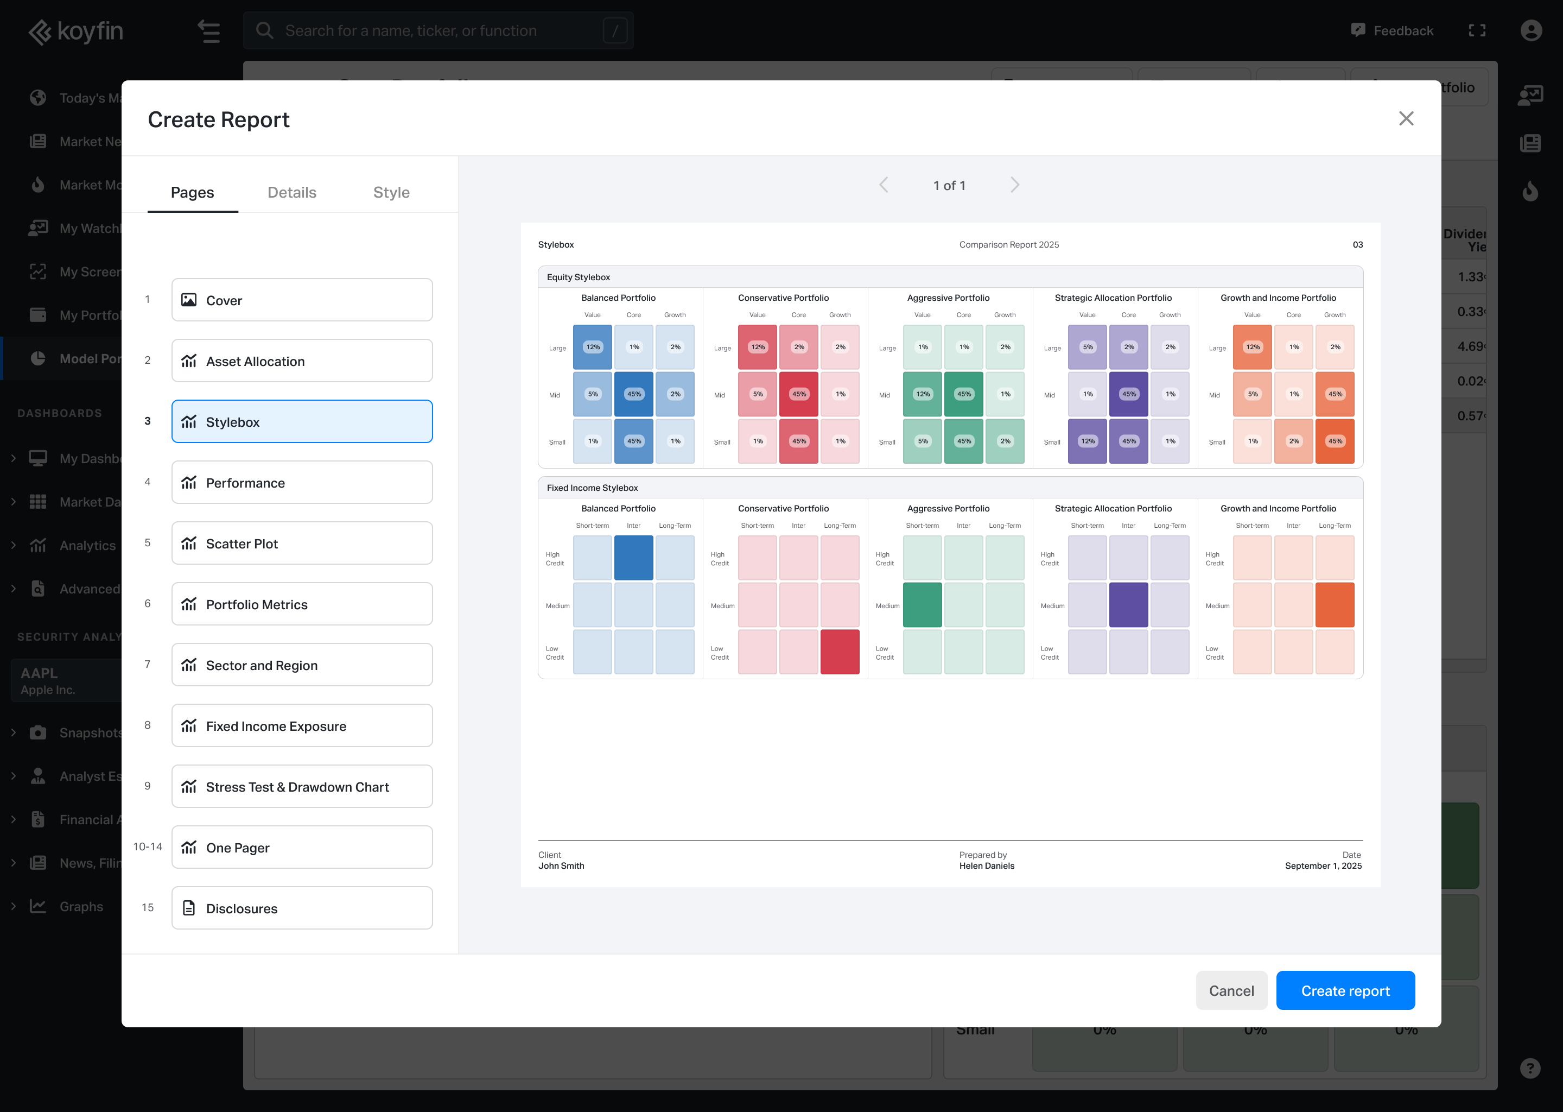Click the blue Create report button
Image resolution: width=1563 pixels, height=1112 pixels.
[x=1345, y=990]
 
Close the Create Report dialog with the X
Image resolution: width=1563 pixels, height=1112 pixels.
[x=1406, y=118]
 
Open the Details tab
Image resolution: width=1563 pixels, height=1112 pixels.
[x=291, y=192]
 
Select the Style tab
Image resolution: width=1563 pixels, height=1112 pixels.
[x=391, y=192]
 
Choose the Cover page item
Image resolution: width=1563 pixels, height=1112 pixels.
[x=302, y=300]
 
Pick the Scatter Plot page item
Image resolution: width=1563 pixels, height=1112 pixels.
[x=302, y=543]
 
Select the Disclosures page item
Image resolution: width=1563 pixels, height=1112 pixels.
[x=302, y=908]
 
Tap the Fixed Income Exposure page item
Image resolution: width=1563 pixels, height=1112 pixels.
[x=302, y=726]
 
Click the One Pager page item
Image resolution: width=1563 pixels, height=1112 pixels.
[x=302, y=847]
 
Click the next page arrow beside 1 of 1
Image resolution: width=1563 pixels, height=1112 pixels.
[x=1014, y=185]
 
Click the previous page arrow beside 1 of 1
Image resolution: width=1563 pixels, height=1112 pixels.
[x=884, y=185]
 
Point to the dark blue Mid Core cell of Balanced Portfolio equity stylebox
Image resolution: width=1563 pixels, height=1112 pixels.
[x=634, y=394]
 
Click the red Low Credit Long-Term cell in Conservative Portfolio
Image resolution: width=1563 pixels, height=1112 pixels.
[x=840, y=652]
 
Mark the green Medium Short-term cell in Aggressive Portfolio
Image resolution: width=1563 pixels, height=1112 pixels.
[x=922, y=605]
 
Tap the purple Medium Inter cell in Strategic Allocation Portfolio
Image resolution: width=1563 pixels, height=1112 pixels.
[x=1128, y=605]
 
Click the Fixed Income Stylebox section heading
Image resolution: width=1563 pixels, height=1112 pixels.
[x=592, y=488]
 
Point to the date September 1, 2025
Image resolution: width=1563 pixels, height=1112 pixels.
[x=1323, y=866]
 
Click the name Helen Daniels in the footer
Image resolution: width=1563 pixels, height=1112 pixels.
[x=986, y=866]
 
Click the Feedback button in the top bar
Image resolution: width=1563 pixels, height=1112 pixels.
[x=1392, y=31]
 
